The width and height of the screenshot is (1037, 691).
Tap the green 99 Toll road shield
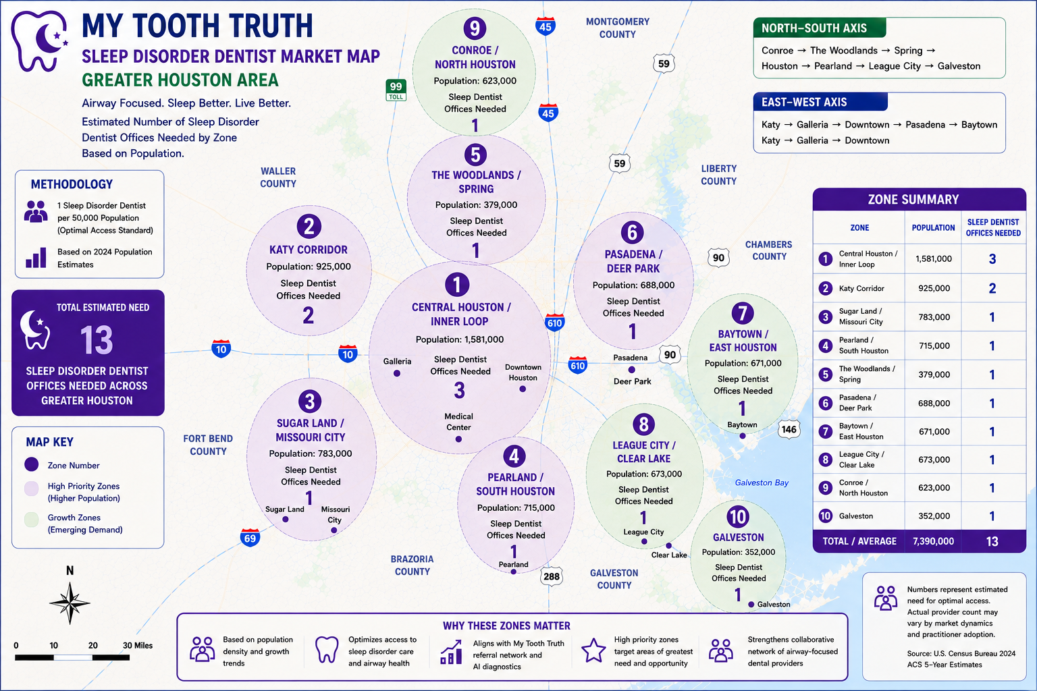click(x=396, y=90)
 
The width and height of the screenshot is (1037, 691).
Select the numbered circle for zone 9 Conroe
click(x=475, y=28)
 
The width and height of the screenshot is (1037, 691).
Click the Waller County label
click(x=277, y=177)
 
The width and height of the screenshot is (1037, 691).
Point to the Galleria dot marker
click(x=397, y=373)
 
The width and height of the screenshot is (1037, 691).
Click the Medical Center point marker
click(x=458, y=439)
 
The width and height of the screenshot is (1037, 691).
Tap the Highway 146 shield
click(x=789, y=429)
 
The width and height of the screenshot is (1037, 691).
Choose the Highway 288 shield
click(x=552, y=576)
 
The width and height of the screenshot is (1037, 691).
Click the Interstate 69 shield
click(x=250, y=538)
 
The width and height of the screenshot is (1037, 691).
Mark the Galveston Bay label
click(x=762, y=482)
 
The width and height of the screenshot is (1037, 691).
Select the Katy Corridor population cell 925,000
click(x=934, y=288)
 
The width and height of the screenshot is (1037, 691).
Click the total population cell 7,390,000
click(x=933, y=541)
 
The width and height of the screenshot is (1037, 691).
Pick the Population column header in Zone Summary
click(x=933, y=227)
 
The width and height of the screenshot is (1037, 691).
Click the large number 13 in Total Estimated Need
click(x=97, y=340)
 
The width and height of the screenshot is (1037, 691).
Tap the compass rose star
click(x=70, y=603)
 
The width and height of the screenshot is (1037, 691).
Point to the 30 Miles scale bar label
click(x=138, y=646)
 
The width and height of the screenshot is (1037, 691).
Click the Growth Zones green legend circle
click(x=32, y=520)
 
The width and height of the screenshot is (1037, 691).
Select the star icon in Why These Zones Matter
click(x=593, y=651)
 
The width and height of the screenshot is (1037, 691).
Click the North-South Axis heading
click(x=814, y=28)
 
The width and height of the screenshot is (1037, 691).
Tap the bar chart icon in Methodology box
click(x=36, y=258)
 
